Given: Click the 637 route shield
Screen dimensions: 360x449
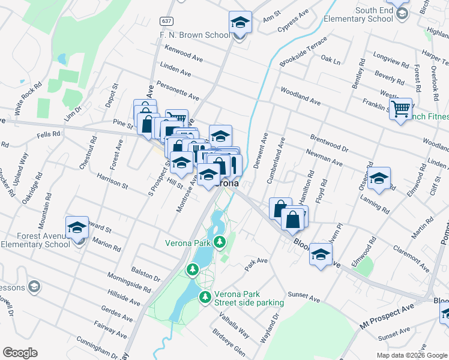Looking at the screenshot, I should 166,21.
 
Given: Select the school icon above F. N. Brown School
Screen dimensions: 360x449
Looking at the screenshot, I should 240,23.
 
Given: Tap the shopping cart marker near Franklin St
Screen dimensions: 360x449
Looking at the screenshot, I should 400,110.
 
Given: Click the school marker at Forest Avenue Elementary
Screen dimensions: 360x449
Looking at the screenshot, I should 77,228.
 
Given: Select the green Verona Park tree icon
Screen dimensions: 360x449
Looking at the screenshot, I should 220,242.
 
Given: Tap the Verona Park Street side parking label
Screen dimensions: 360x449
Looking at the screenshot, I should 250,299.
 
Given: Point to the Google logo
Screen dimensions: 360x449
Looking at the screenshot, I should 20,353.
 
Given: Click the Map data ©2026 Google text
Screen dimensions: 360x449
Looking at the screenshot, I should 411,355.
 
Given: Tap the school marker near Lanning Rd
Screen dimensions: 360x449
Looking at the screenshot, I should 379,178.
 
